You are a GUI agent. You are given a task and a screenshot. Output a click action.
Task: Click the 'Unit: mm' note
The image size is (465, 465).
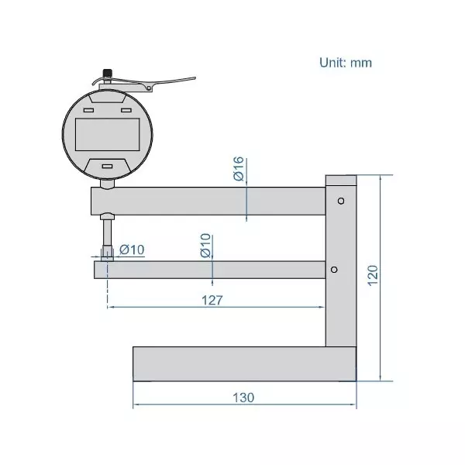[346, 62]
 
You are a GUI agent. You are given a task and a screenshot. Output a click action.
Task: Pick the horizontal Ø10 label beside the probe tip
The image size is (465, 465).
[132, 249]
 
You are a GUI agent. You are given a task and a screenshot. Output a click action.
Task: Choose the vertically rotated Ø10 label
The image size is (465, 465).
[206, 246]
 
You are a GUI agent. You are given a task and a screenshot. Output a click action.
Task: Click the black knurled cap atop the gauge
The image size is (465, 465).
[107, 74]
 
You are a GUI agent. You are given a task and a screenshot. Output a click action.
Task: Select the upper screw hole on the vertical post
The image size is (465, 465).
[340, 201]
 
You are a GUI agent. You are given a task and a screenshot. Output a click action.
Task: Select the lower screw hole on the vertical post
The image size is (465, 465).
[333, 269]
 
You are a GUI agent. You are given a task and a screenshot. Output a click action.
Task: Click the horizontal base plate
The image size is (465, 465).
[243, 364]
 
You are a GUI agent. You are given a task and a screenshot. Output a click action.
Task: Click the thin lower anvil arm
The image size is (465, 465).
[209, 270]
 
